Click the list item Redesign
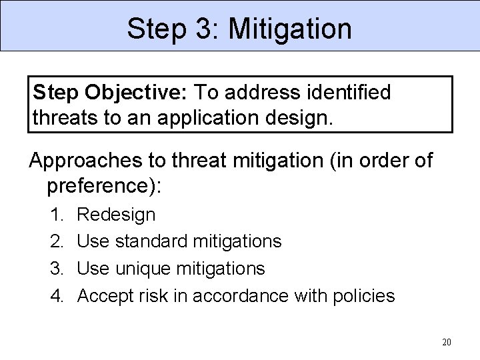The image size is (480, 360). point(117,215)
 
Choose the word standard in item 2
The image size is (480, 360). point(152,241)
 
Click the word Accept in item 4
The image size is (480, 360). point(105,295)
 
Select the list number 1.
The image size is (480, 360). point(57,215)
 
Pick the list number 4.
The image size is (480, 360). point(57,295)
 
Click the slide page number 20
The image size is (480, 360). point(447,343)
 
